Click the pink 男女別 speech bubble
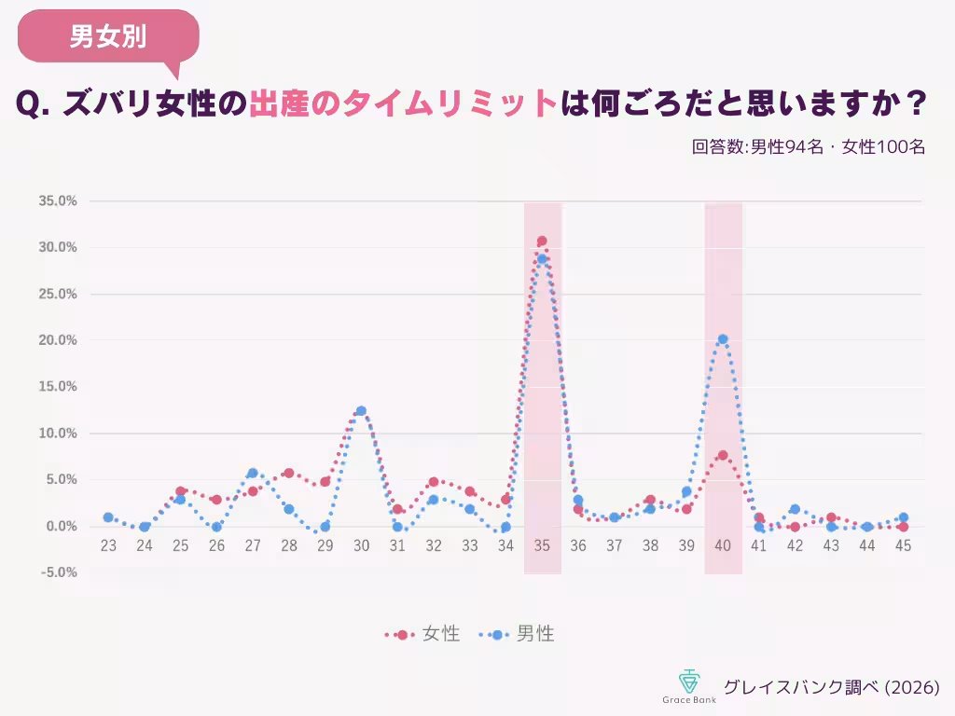(108, 36)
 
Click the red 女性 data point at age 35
(542, 241)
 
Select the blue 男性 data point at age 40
(723, 339)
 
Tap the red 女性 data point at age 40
(723, 455)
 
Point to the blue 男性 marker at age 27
(253, 473)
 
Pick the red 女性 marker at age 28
(289, 473)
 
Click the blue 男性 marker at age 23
(108, 517)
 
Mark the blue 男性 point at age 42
(795, 509)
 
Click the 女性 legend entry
(422, 634)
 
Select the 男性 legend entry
(517, 634)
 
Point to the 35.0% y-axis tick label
(58, 201)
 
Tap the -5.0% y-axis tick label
(58, 572)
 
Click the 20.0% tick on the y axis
(58, 340)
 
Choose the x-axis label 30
(361, 545)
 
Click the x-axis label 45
(903, 545)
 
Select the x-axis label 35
(542, 545)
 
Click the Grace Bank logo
(689, 686)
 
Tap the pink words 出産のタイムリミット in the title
(403, 103)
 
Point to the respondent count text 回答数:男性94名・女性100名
(809, 146)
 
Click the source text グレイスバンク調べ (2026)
(831, 687)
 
